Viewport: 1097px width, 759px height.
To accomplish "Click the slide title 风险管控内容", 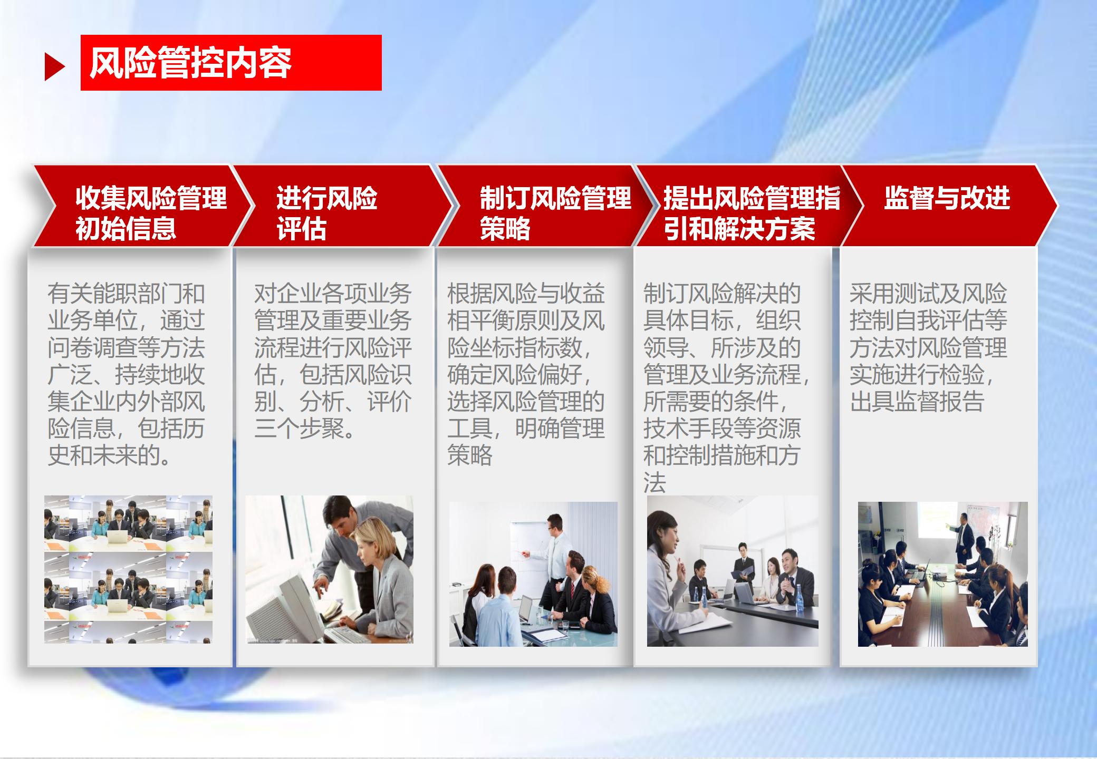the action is click(x=190, y=63).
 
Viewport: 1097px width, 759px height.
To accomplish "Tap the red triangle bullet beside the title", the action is click(x=55, y=67).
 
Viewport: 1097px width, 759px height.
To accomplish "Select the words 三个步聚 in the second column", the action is click(x=299, y=429).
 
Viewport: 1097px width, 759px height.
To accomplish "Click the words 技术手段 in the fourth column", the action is click(x=688, y=429).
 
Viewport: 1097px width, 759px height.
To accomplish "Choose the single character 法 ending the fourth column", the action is click(x=654, y=482).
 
